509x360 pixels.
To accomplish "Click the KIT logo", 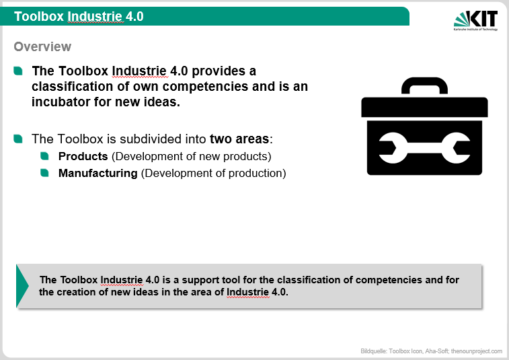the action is pyautogui.click(x=475, y=21).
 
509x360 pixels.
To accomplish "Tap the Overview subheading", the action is pyautogui.click(x=42, y=47).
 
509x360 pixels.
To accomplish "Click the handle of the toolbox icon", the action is pyautogui.click(x=424, y=85).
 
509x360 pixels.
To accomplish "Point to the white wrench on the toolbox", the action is pyautogui.click(x=424, y=148).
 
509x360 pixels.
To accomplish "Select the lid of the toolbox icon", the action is pyautogui.click(x=424, y=107).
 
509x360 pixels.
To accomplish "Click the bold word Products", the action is pyautogui.click(x=83, y=156).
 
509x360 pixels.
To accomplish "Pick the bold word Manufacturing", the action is pyautogui.click(x=98, y=173).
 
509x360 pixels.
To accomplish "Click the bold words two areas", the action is pyautogui.click(x=239, y=139).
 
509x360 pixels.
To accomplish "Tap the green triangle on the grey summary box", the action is pyautogui.click(x=22, y=286).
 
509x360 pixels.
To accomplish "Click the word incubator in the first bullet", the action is pyautogui.click(x=61, y=102).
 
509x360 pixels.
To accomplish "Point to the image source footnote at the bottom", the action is pyautogui.click(x=431, y=351).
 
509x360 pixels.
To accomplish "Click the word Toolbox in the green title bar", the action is pyautogui.click(x=39, y=17).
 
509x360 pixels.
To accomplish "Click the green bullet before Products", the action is pyautogui.click(x=44, y=156).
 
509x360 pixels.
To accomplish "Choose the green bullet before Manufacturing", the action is pyautogui.click(x=44, y=173).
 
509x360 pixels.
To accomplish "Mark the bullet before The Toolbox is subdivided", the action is pyautogui.click(x=18, y=139).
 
